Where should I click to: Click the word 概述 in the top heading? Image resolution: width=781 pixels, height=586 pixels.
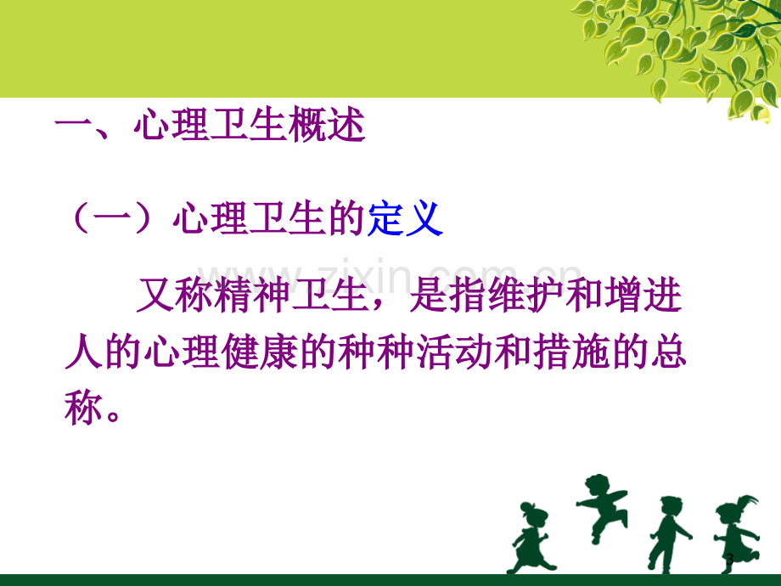(x=327, y=124)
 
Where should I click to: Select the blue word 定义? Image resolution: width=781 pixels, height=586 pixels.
(x=405, y=218)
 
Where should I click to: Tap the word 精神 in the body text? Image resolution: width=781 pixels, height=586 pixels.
(x=253, y=295)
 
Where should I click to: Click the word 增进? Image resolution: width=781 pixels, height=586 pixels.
(x=643, y=295)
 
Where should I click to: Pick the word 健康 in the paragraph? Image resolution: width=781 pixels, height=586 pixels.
(x=260, y=352)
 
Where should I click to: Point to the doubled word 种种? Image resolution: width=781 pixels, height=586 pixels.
(x=376, y=352)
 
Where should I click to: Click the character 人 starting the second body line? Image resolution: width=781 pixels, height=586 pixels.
(x=84, y=352)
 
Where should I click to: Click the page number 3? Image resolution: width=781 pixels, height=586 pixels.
(x=730, y=559)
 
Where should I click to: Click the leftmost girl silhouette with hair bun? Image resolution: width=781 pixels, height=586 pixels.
(x=530, y=539)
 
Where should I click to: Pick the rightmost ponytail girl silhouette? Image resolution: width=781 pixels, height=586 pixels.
(x=737, y=534)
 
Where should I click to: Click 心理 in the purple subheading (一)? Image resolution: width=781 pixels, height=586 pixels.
(x=211, y=218)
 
